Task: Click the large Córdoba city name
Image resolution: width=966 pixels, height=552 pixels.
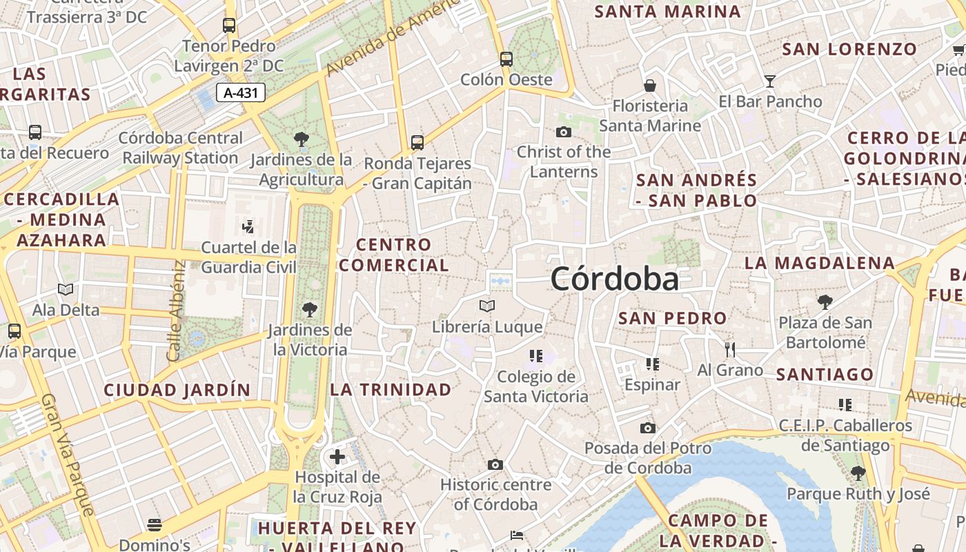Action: [x=614, y=279]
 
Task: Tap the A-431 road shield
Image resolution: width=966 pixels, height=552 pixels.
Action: [x=241, y=92]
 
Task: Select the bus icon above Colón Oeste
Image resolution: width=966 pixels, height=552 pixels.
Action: [x=506, y=59]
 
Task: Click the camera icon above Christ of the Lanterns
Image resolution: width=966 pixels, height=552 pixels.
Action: [x=564, y=132]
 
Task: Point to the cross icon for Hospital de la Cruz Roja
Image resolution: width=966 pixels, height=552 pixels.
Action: [x=337, y=457]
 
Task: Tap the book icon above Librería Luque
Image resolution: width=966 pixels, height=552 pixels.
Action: [x=487, y=306]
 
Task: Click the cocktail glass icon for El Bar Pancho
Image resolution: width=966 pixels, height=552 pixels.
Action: [x=770, y=81]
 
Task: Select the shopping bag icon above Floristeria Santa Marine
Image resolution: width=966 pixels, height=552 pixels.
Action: [x=649, y=86]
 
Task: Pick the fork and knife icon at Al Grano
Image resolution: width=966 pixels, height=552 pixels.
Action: [x=730, y=350]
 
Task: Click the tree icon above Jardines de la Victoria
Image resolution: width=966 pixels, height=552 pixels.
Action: [x=309, y=310]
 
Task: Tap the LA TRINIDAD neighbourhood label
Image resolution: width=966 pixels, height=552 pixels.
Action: [x=391, y=390]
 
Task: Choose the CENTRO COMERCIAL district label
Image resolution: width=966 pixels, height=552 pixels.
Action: [x=393, y=255]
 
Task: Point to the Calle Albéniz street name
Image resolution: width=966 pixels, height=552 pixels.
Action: [x=174, y=310]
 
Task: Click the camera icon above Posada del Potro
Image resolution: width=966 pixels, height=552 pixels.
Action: [x=647, y=428]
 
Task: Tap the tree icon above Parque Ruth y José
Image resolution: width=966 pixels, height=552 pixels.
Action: [x=858, y=473]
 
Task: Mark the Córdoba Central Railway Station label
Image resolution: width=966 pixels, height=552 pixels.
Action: [x=180, y=148]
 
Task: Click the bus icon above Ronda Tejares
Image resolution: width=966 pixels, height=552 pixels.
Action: [x=417, y=143]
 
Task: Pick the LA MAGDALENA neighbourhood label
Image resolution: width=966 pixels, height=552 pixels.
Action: [x=820, y=263]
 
